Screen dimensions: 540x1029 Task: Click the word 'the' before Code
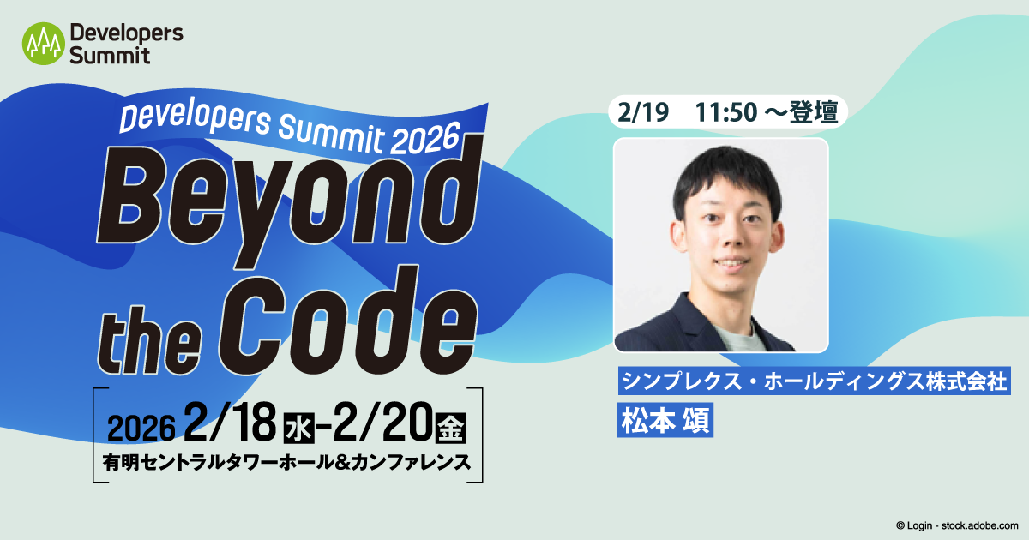142,330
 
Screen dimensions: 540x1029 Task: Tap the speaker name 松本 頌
665,420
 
